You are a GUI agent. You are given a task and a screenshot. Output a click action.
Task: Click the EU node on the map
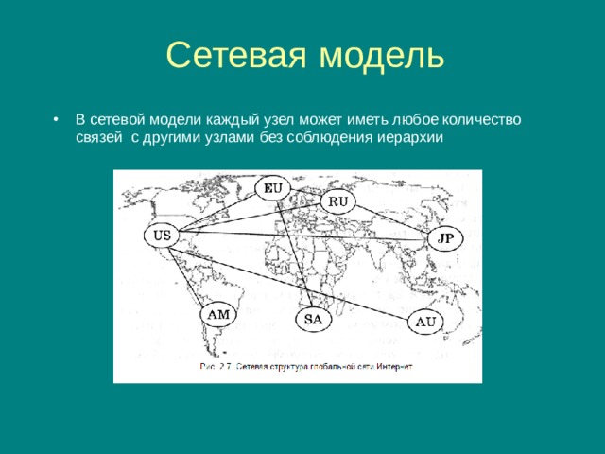(x=272, y=188)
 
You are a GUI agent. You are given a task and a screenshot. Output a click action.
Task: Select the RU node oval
(x=338, y=201)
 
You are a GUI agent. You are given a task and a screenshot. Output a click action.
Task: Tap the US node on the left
(x=162, y=233)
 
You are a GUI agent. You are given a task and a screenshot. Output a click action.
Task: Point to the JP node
(x=445, y=237)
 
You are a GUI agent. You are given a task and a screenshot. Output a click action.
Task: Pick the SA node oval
(x=314, y=320)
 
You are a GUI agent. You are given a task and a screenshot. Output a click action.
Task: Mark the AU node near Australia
(x=426, y=322)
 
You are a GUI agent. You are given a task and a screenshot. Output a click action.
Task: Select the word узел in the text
(x=266, y=120)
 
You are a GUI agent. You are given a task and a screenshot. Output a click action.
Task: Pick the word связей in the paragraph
(x=98, y=137)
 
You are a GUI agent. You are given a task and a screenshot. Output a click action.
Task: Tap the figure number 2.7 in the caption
(x=225, y=364)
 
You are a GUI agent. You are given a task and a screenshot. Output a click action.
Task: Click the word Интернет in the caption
(x=391, y=364)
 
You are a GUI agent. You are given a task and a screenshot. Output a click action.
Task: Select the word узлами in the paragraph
(x=230, y=137)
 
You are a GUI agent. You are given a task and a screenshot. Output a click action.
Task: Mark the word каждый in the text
(x=218, y=120)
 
